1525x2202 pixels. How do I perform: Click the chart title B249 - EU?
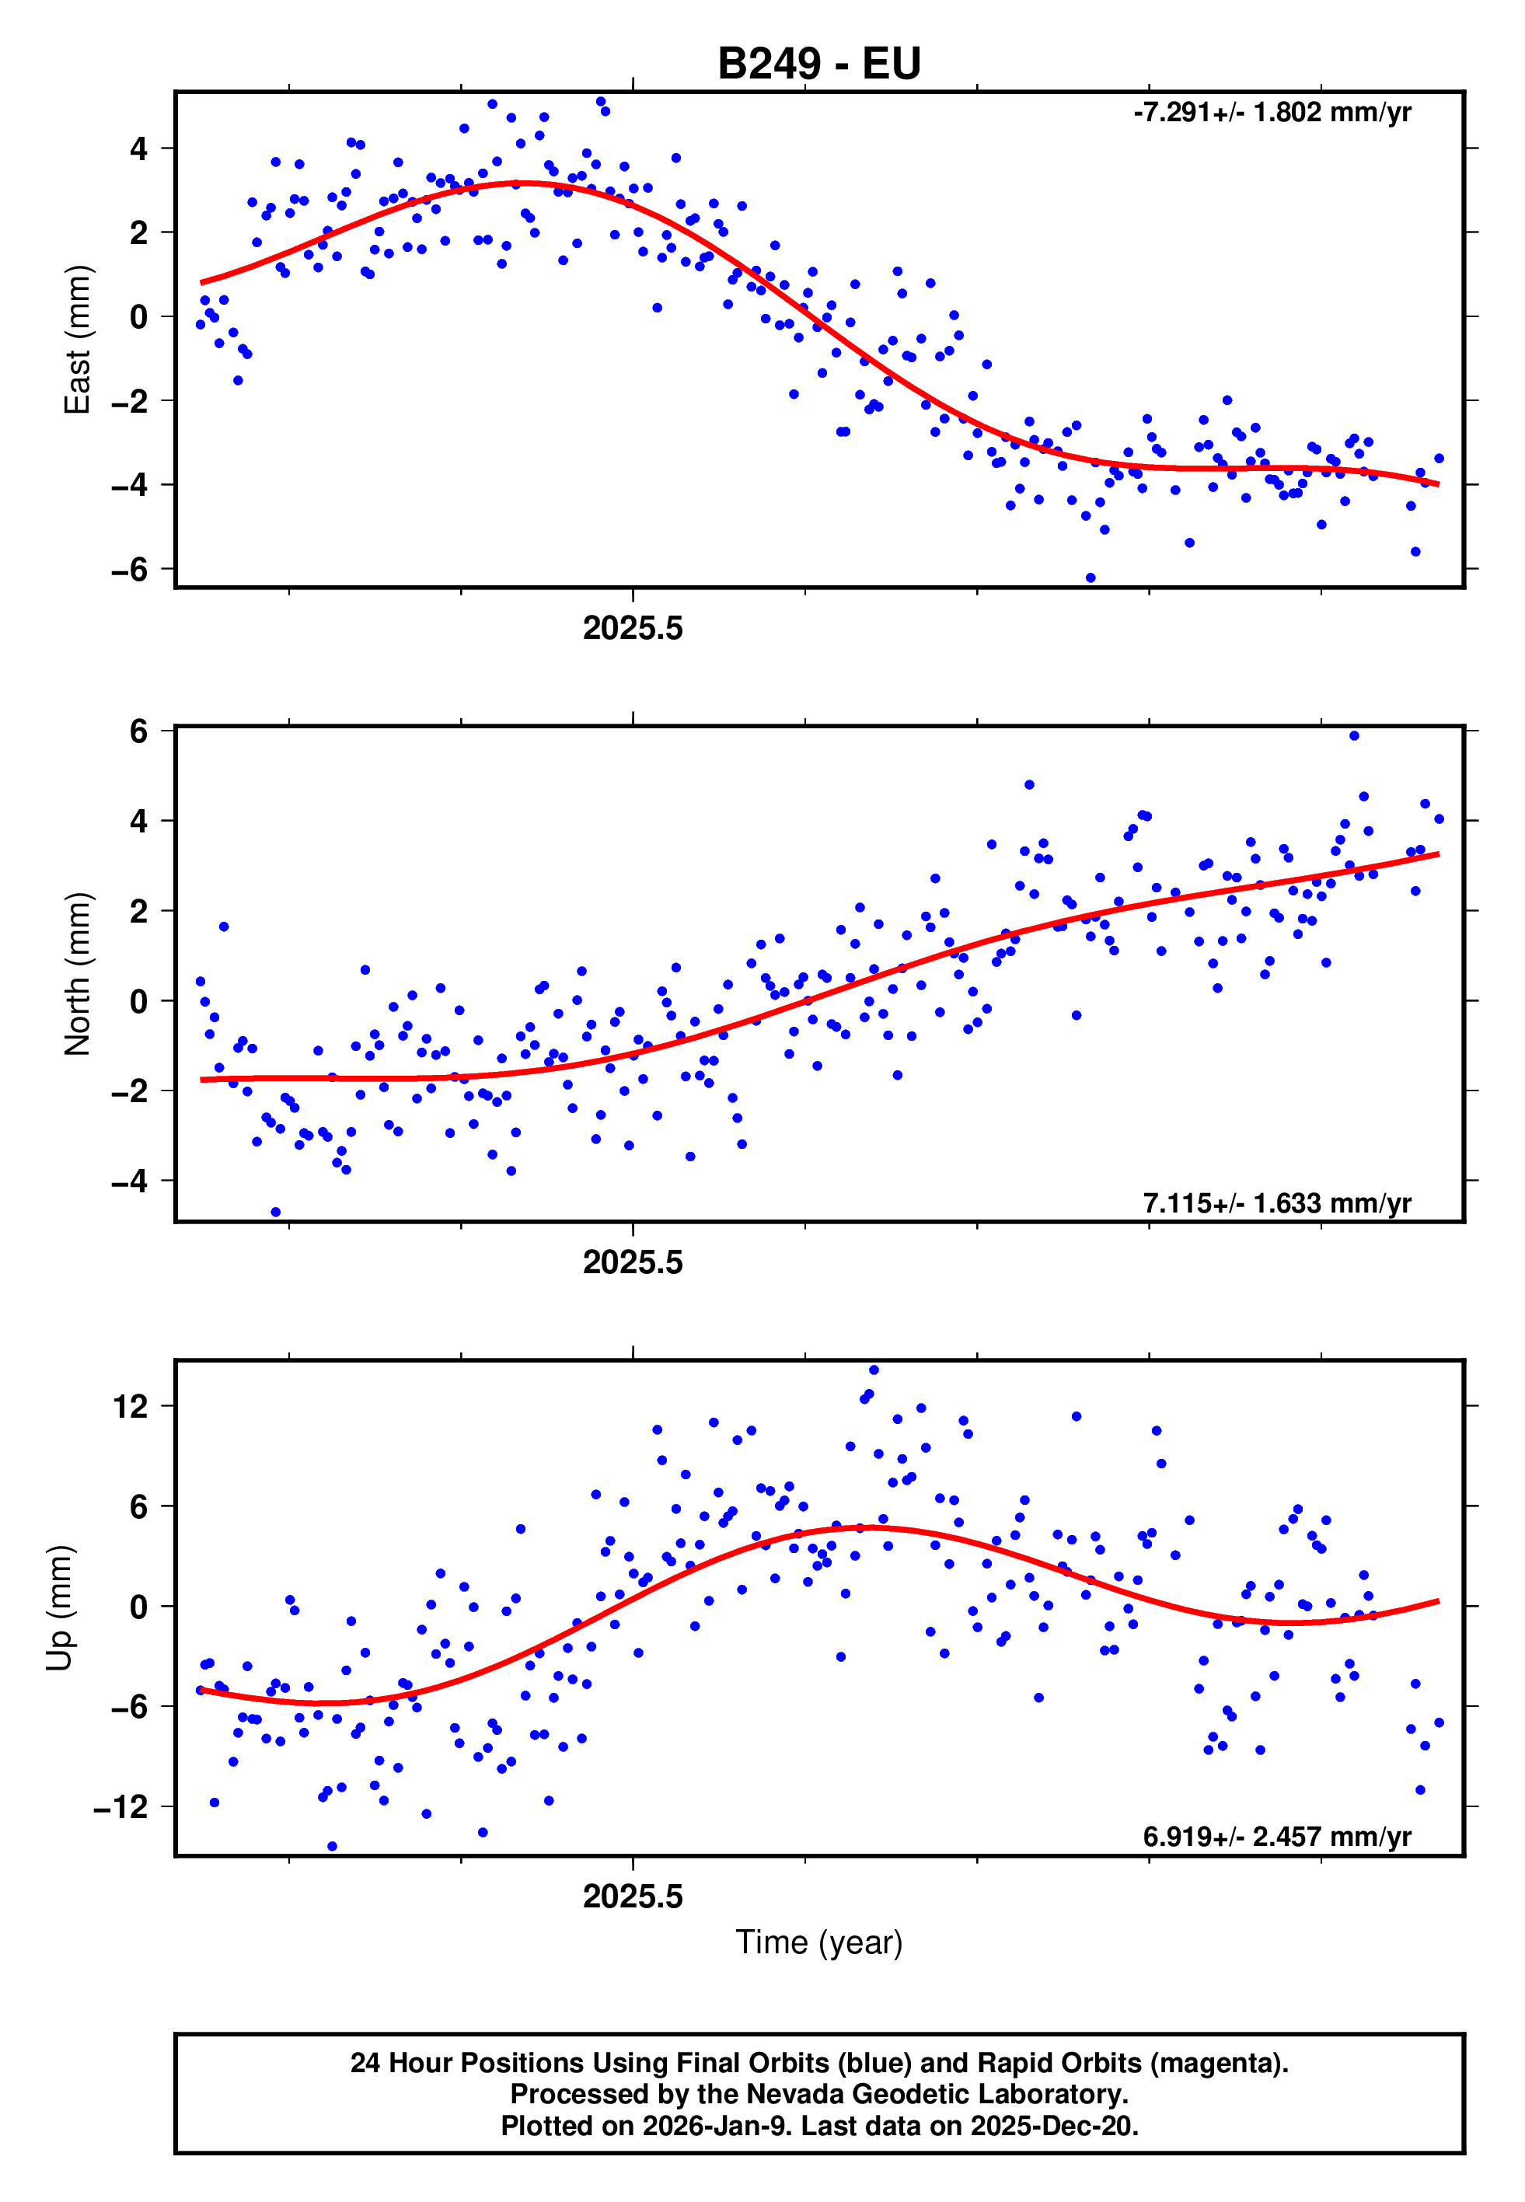819,64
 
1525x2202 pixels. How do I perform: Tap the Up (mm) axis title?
59,1608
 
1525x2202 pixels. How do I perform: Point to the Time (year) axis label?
819,1942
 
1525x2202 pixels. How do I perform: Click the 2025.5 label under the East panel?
633,629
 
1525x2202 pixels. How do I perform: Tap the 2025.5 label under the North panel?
633,1262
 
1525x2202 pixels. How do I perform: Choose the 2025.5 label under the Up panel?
633,1897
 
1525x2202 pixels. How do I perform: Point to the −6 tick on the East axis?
130,570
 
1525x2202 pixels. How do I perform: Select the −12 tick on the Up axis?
120,1806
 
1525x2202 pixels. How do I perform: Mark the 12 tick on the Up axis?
130,1406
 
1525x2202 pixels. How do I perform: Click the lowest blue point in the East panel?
1091,578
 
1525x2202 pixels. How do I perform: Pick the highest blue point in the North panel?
1354,735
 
